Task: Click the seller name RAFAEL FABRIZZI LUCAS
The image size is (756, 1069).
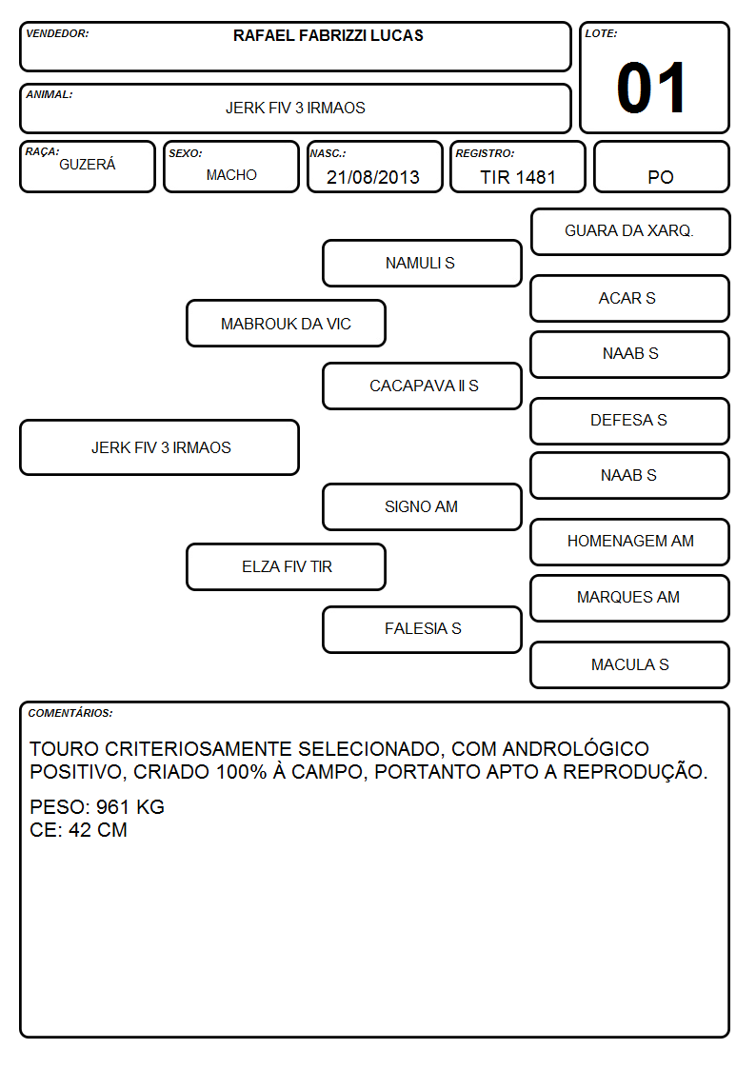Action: (328, 35)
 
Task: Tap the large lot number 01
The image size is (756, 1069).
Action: (651, 88)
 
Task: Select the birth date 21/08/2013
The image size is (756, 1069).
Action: (373, 177)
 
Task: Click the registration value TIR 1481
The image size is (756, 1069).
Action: (518, 177)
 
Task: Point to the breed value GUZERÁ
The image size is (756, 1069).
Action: (88, 165)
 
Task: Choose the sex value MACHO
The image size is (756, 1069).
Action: (231, 175)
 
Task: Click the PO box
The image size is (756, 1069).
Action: (661, 167)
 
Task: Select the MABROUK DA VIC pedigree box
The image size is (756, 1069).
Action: (287, 324)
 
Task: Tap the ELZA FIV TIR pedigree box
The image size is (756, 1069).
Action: (287, 566)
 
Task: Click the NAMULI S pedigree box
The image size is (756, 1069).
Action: (422, 263)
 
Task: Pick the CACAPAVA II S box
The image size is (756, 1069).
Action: (422, 386)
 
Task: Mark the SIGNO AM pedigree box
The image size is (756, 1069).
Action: (422, 506)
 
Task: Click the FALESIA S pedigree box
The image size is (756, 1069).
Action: (422, 629)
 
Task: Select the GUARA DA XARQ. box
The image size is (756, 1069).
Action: (630, 232)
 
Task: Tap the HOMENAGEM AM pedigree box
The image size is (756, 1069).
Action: (630, 542)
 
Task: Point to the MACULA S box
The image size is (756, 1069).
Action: (630, 664)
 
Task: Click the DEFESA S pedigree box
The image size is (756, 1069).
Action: (630, 421)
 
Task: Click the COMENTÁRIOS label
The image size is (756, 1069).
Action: (70, 713)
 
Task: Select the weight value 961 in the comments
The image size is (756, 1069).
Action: (112, 807)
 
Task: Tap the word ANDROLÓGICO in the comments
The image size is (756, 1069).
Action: (575, 748)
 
